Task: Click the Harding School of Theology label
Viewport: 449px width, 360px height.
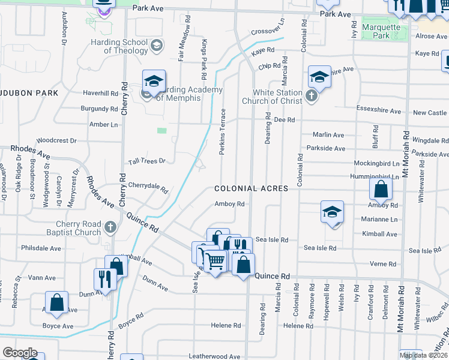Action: tap(119, 46)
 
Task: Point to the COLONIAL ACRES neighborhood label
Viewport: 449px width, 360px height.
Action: tap(252, 188)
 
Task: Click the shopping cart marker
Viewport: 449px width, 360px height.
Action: tap(214, 261)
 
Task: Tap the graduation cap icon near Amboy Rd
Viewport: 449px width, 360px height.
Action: tap(332, 212)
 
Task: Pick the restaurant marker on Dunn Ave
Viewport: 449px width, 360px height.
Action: tap(105, 278)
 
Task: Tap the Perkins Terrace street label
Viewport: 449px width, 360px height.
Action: tap(222, 132)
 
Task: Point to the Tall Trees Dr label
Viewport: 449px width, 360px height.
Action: tap(146, 161)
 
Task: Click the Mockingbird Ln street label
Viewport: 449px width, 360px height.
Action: tap(376, 163)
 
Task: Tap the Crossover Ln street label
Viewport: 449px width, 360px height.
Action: tap(268, 30)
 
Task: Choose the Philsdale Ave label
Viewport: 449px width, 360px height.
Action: tap(41, 248)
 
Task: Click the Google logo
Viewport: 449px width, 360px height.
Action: tap(20, 353)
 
